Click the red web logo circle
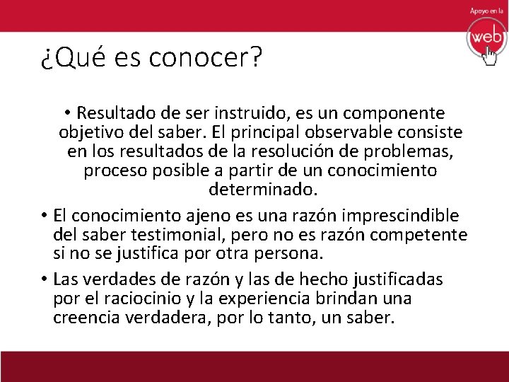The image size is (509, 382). [486, 36]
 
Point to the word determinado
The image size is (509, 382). [264, 190]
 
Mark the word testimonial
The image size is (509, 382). [174, 234]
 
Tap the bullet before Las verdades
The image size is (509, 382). [44, 279]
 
